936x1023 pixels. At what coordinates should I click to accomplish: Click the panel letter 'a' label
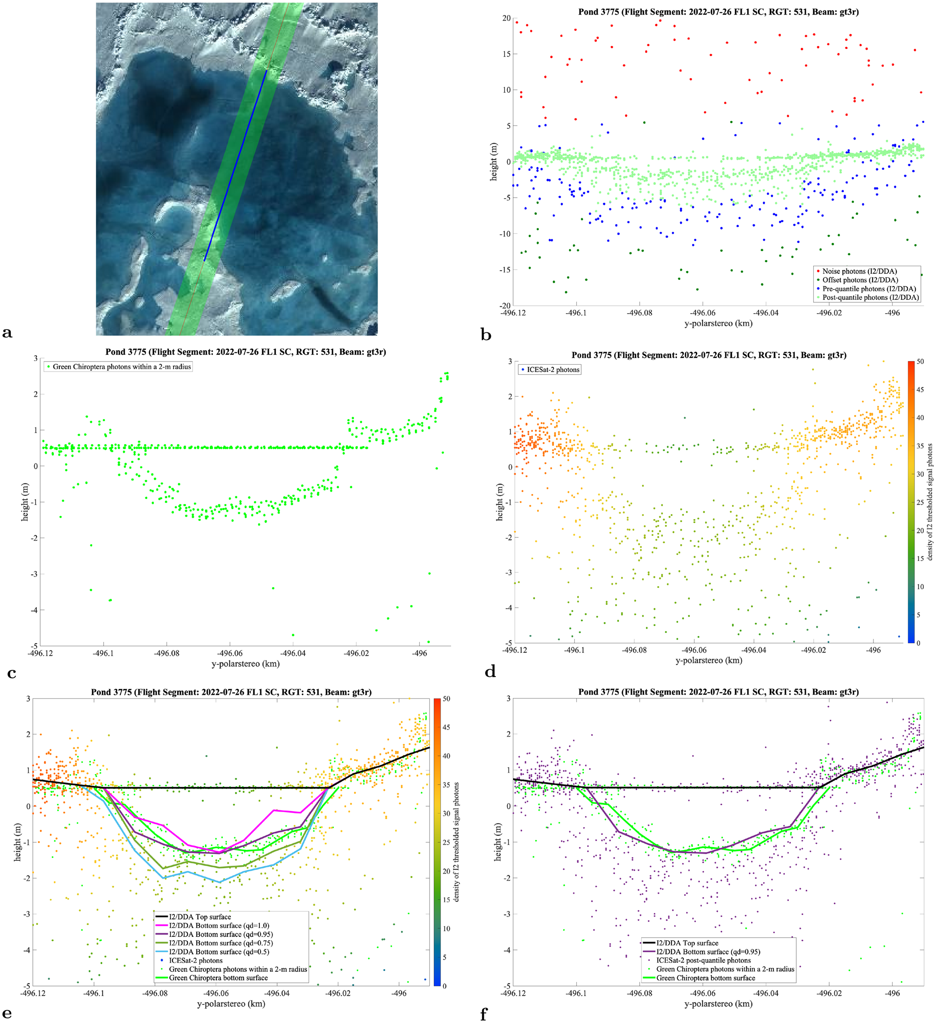tap(7, 333)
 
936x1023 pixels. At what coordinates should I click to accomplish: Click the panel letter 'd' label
tap(490, 672)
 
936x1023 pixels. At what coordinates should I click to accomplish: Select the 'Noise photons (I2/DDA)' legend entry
tap(859, 272)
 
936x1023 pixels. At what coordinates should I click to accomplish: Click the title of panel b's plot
tap(718, 12)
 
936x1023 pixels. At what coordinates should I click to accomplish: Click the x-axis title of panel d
tap(709, 660)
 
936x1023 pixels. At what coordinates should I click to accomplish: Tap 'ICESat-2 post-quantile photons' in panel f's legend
tap(704, 960)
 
